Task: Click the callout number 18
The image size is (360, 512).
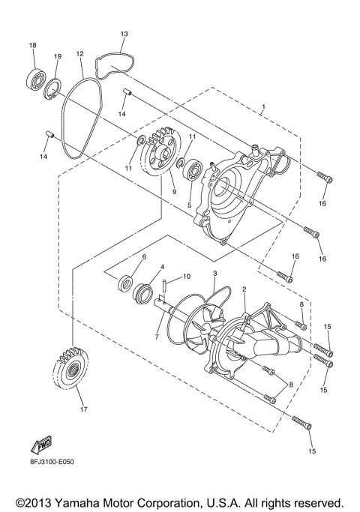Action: click(32, 46)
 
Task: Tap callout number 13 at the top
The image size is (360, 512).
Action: click(124, 34)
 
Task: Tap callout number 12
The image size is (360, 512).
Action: click(79, 54)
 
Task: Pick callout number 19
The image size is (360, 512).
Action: click(57, 57)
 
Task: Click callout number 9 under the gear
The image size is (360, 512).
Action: click(173, 191)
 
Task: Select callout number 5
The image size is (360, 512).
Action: click(190, 204)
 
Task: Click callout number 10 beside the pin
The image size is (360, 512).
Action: click(187, 276)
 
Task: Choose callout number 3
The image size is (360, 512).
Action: click(214, 274)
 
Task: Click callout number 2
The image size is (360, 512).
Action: click(244, 289)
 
